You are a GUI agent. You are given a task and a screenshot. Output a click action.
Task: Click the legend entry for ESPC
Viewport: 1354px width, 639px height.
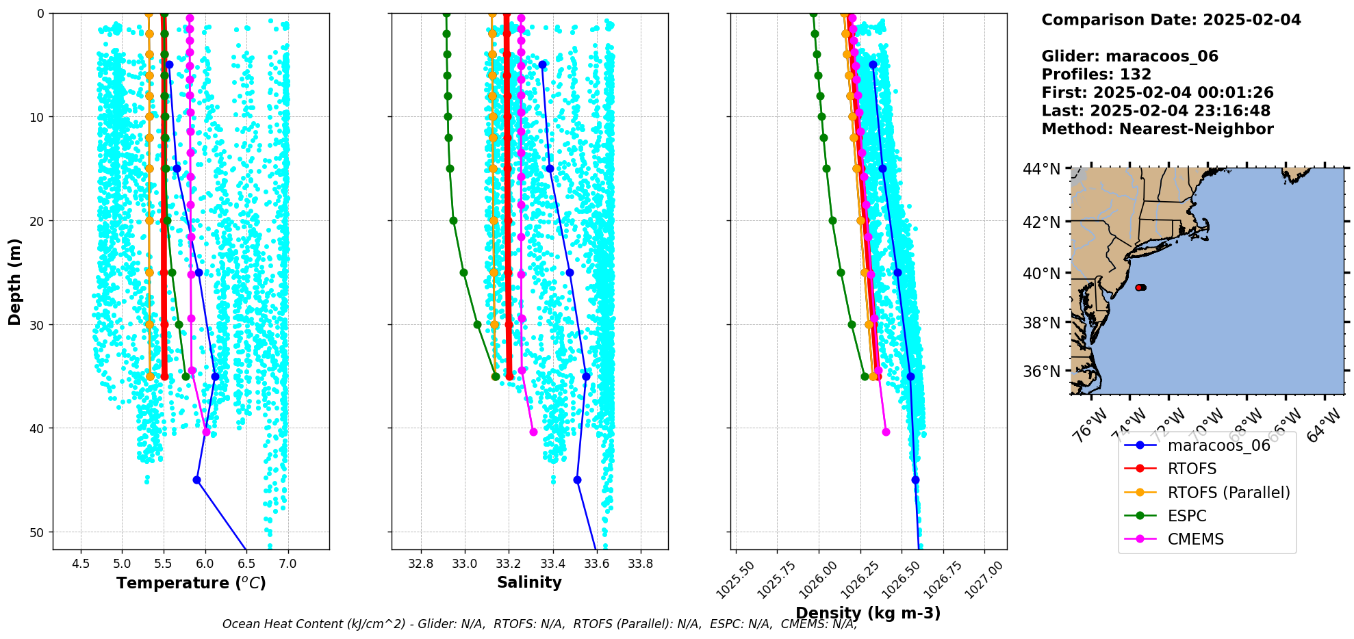coord(1187,516)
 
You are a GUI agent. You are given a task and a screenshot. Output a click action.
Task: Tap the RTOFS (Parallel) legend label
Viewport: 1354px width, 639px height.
coord(1229,493)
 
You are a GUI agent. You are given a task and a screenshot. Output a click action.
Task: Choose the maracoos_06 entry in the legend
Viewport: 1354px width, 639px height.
coord(1218,446)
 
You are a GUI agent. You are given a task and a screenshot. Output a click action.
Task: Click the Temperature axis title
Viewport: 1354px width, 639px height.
coord(191,583)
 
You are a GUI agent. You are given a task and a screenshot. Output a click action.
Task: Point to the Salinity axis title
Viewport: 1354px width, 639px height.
coord(529,583)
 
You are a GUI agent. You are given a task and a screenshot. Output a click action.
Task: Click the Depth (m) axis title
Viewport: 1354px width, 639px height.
coord(15,281)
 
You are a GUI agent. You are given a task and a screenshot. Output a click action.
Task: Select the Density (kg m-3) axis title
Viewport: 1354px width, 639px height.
coord(868,613)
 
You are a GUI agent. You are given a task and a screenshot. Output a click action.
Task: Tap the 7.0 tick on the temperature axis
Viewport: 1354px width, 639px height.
coord(288,564)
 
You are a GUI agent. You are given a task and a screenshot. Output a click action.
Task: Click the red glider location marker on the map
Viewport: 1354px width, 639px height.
coord(1140,287)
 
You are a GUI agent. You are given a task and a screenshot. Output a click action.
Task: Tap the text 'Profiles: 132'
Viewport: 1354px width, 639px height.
coord(1096,75)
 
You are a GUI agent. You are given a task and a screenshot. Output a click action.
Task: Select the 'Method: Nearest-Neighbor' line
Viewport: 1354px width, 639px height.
coord(1157,129)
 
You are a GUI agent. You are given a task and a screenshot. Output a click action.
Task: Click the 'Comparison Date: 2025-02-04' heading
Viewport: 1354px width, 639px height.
coord(1171,20)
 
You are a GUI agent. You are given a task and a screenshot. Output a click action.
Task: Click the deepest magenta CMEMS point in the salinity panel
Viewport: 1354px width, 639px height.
coord(533,432)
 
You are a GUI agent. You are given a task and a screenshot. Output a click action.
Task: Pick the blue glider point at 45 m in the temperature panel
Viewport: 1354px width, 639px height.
coord(196,480)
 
